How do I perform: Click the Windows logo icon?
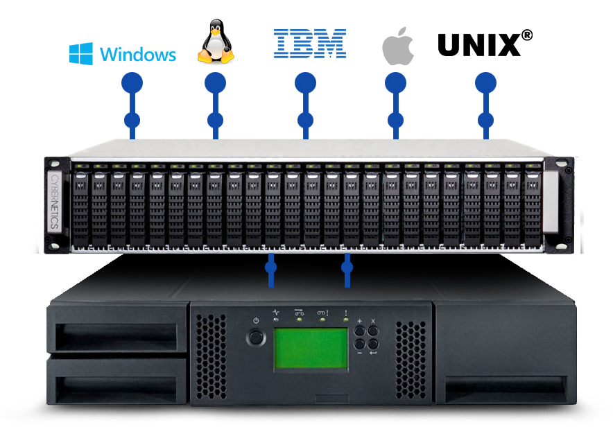point(81,53)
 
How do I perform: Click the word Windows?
point(138,54)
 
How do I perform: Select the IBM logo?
point(309,43)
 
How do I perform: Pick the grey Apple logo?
point(398,47)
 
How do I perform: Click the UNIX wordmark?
point(479,45)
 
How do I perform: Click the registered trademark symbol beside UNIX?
point(527,34)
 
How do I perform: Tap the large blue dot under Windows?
point(132,83)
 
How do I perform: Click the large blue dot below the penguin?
point(215,83)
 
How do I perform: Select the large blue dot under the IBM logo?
point(305,83)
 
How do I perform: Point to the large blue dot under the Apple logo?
point(395,83)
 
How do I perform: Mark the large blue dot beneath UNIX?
point(485,83)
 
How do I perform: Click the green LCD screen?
point(311,349)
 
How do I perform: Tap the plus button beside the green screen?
point(361,331)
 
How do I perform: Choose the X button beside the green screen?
point(374,331)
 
